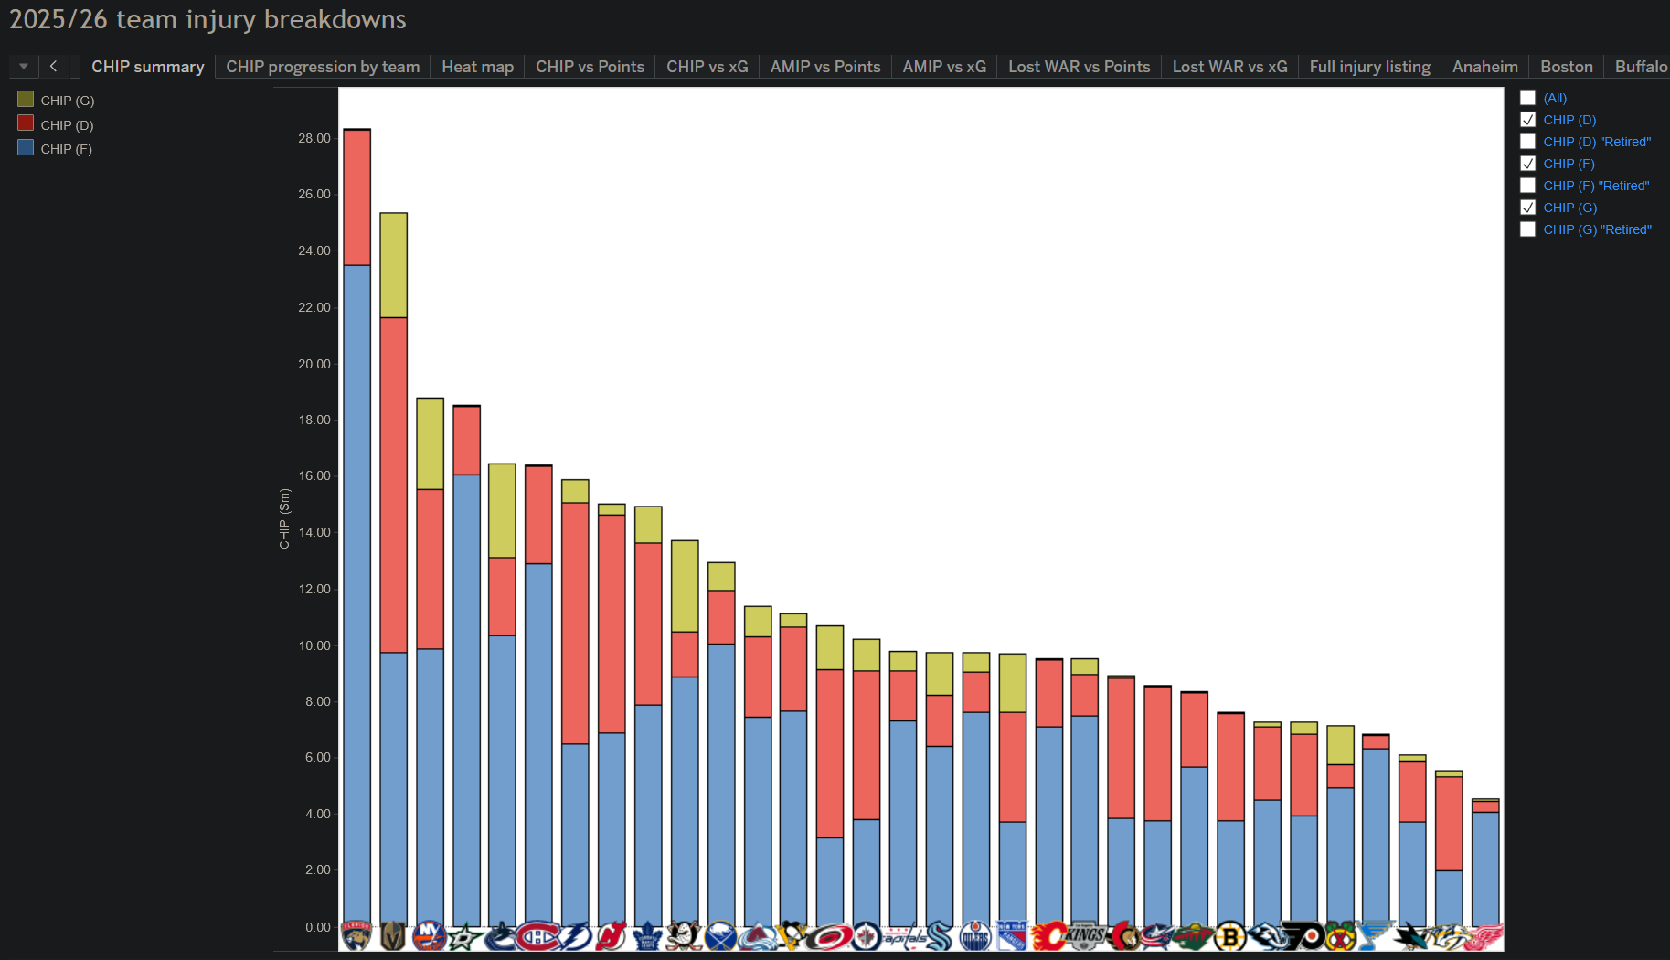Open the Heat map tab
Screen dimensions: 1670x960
477,67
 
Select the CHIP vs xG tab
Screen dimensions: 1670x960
707,67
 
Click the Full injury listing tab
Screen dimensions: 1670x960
1369,67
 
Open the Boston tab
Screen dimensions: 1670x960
1566,67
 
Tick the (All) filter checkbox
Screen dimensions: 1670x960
1527,98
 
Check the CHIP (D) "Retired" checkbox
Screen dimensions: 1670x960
1527,142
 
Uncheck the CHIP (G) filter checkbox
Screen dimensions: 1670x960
1527,208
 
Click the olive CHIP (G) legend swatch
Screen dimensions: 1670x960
26,99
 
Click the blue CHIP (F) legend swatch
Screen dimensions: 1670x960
26,147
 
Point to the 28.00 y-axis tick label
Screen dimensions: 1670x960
314,138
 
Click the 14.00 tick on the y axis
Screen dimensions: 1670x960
314,532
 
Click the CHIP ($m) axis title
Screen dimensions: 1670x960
284,518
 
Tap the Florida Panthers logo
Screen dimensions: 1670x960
356,936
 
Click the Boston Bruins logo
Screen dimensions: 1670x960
1230,936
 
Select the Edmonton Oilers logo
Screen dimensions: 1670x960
975,936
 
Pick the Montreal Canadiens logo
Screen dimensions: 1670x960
538,936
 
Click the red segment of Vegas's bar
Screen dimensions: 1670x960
393,485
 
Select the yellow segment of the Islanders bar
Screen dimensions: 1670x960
430,443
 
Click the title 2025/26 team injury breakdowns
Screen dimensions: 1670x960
207,19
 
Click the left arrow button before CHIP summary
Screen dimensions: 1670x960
53,66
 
